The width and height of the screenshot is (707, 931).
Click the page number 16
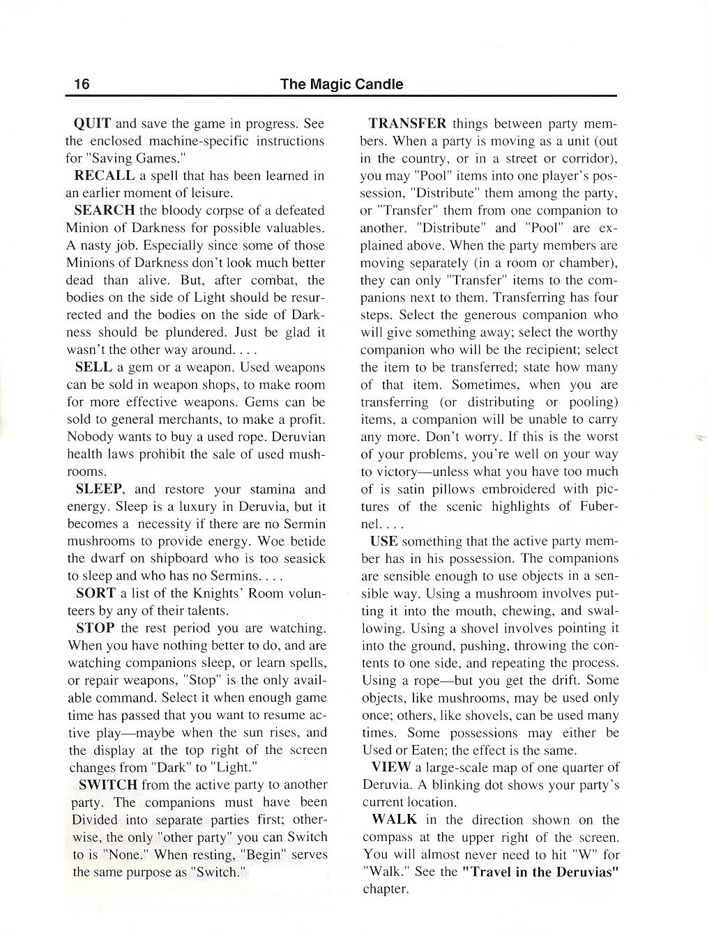(x=82, y=84)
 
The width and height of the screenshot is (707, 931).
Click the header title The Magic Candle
(x=342, y=84)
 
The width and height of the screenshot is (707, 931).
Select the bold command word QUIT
(x=92, y=124)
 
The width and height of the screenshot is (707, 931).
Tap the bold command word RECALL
(x=104, y=176)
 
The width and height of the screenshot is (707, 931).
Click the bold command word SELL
(x=93, y=367)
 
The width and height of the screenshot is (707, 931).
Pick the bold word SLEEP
(x=100, y=489)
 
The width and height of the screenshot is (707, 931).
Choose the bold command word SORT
(x=96, y=594)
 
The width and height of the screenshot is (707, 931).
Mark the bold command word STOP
(x=96, y=629)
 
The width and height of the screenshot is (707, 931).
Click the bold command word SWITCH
(x=108, y=785)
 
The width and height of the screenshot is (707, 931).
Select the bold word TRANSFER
(x=408, y=124)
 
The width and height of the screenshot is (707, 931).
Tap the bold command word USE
(x=384, y=541)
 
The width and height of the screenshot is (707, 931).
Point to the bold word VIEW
(x=391, y=768)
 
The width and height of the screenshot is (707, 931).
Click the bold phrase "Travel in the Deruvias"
(x=541, y=872)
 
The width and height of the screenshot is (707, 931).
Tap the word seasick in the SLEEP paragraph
(x=302, y=559)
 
